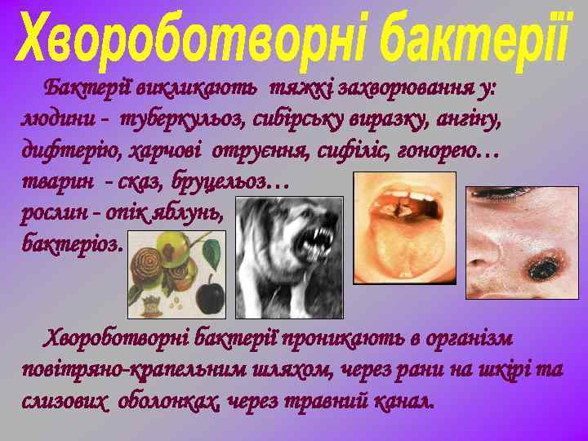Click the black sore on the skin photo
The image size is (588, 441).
pos(541,265)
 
